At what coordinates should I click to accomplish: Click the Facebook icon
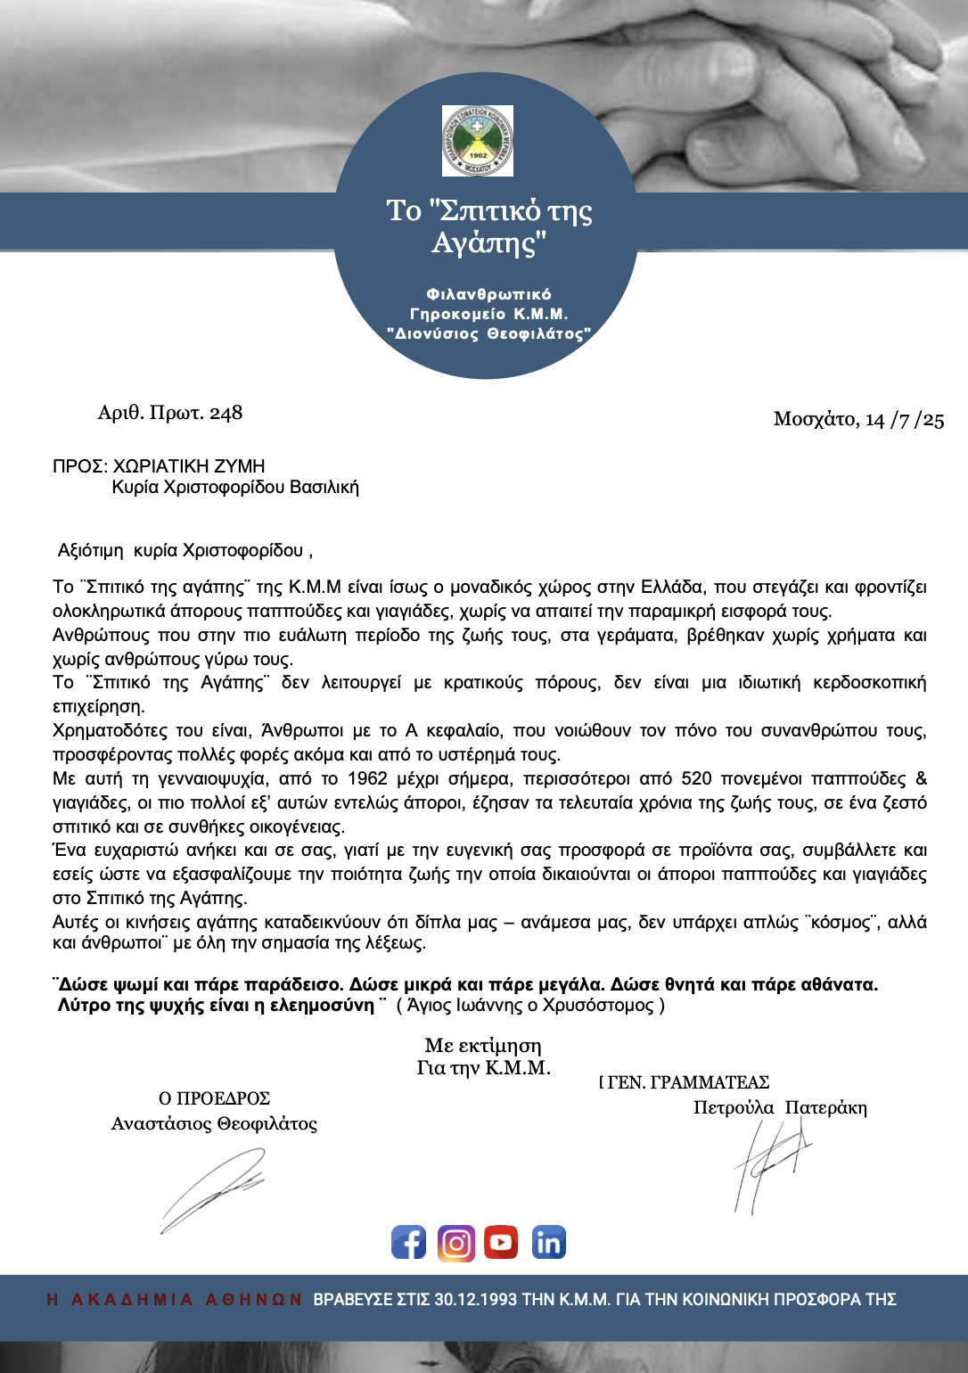click(408, 1242)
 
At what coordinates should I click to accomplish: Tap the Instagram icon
click(456, 1242)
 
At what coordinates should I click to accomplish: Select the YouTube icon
click(501, 1242)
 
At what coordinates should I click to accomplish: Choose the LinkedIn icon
click(548, 1242)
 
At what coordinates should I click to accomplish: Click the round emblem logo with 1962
click(478, 141)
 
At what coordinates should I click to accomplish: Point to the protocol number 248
click(226, 413)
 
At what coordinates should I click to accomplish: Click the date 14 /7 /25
click(905, 420)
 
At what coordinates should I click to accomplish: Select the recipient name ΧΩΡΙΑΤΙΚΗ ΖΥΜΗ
click(189, 466)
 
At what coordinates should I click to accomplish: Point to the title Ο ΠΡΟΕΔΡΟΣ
click(214, 1098)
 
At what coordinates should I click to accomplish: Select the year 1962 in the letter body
click(367, 778)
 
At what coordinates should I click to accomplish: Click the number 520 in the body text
click(696, 778)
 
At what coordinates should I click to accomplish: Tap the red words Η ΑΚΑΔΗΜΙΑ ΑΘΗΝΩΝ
click(174, 1300)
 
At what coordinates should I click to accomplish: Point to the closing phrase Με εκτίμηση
click(483, 1046)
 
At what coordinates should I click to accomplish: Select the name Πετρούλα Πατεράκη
click(780, 1108)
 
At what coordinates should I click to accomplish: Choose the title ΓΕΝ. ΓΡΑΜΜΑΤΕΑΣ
click(688, 1082)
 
